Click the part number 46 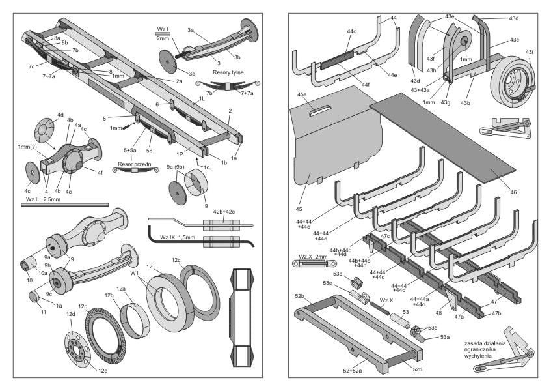514,192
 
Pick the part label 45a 301,94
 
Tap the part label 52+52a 353,371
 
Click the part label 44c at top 352,31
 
